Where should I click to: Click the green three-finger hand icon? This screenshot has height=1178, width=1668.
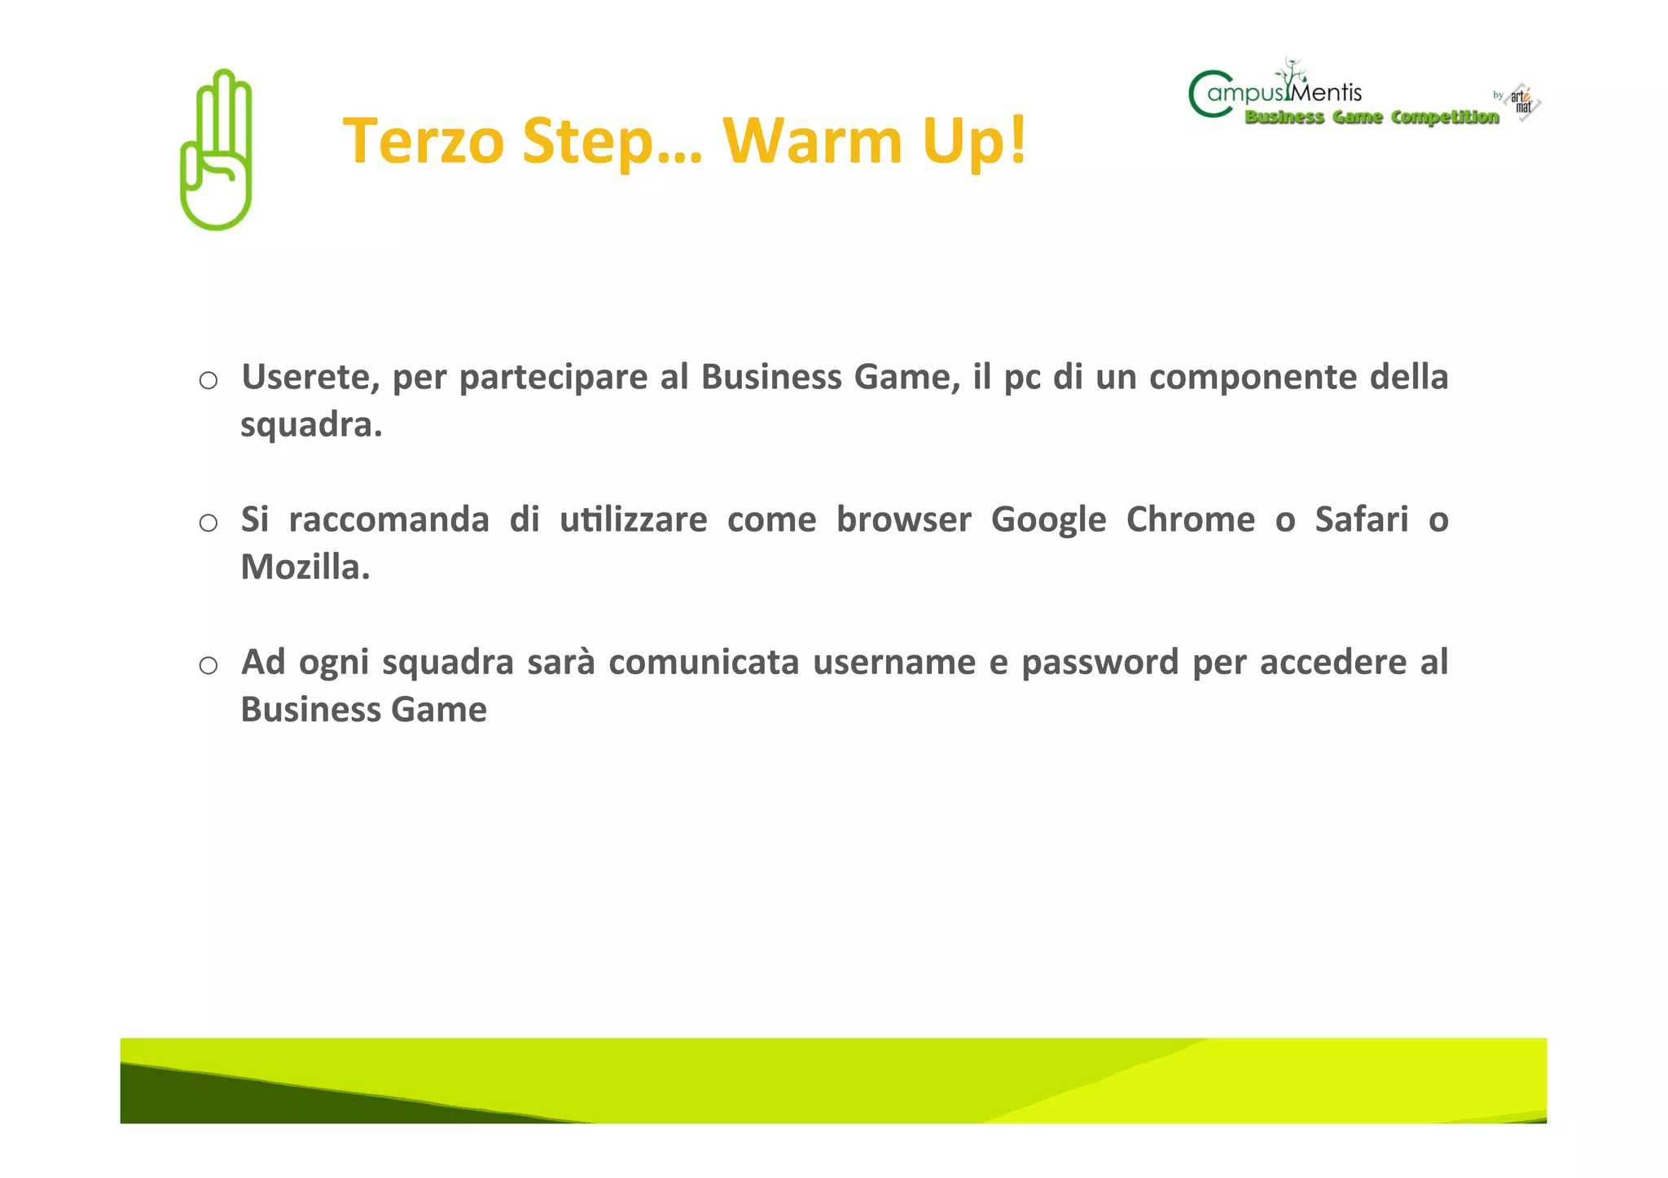tap(216, 150)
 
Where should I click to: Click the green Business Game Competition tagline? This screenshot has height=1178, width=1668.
tap(1372, 118)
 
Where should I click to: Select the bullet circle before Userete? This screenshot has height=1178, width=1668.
tap(208, 380)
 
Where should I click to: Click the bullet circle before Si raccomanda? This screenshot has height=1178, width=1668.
tap(208, 523)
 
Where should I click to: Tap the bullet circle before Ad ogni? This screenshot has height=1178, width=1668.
tap(208, 665)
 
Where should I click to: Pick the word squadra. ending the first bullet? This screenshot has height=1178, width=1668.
tap(311, 426)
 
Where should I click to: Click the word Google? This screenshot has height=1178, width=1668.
tap(1048, 520)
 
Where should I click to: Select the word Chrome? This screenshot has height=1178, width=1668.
tap(1190, 519)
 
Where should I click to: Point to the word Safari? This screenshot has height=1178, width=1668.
tap(1361, 519)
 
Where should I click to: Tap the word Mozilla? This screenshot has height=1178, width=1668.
tap(305, 567)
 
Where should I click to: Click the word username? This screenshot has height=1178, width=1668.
tap(893, 663)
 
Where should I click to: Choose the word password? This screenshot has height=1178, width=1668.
tap(1100, 663)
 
